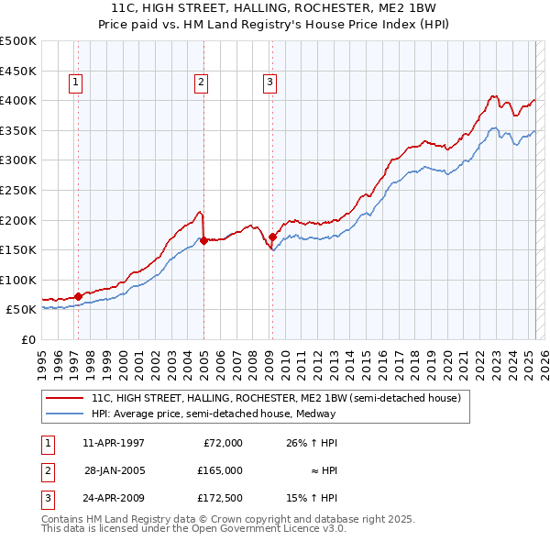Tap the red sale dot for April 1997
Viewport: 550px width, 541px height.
78,296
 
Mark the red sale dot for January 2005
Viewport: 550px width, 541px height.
203,241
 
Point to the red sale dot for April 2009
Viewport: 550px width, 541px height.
272,237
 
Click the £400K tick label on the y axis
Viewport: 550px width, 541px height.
18,100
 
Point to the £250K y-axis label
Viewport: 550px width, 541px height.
18,190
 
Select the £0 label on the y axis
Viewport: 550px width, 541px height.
29,339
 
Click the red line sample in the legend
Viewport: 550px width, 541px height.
64,398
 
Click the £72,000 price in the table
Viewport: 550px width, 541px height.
222,443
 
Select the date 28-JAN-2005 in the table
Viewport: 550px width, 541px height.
114,470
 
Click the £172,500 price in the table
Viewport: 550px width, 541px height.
220,498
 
